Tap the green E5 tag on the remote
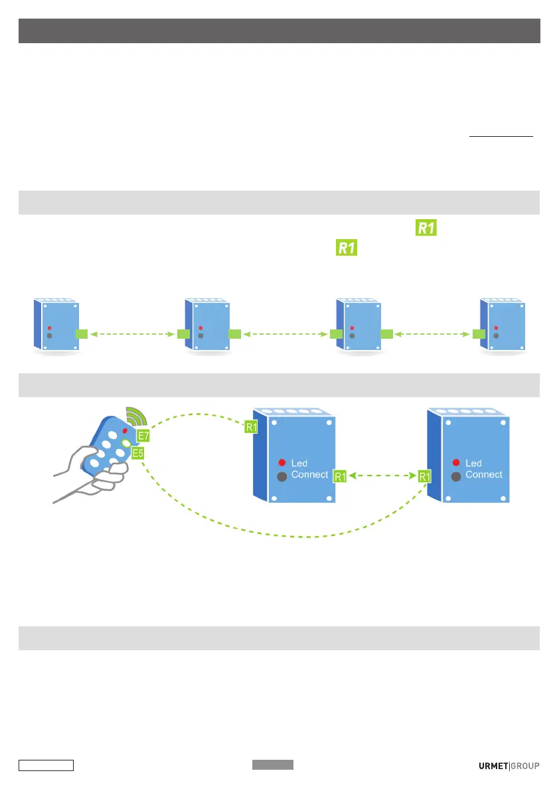[138, 453]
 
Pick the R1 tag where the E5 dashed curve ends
[425, 476]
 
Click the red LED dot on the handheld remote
[124, 431]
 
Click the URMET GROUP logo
[509, 766]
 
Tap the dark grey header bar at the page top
[279, 31]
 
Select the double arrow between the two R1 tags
[383, 476]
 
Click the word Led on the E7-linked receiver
[299, 463]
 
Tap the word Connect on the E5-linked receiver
[484, 475]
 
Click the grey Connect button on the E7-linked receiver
[281, 476]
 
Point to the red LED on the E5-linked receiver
[455, 462]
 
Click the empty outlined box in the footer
[46, 765]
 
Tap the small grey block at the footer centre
[272, 765]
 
